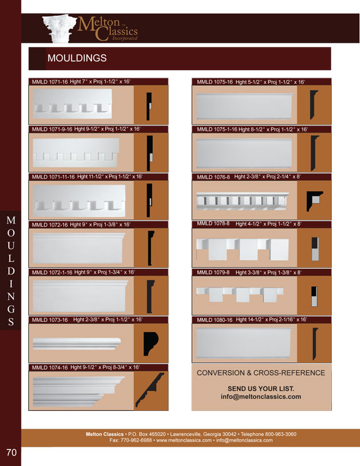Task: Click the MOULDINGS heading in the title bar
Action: tap(77, 58)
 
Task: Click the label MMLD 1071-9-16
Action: tap(52, 129)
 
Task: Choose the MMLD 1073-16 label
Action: tap(49, 320)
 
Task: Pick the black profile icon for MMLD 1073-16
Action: tap(150, 344)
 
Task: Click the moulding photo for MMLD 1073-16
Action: tap(76, 343)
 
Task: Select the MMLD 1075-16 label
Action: tap(215, 82)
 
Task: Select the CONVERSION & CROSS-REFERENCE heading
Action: tap(261, 373)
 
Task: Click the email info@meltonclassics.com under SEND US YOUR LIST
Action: tap(261, 397)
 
